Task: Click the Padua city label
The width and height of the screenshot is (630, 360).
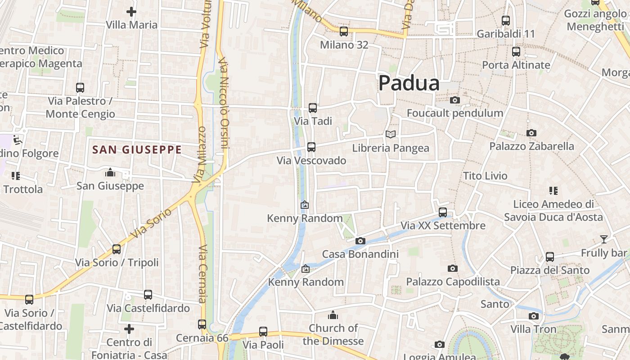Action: click(x=409, y=83)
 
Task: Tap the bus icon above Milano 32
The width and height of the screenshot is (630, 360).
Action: click(x=344, y=31)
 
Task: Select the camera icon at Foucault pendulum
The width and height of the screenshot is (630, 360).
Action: click(x=455, y=100)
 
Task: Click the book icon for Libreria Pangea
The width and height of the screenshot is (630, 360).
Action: click(x=391, y=134)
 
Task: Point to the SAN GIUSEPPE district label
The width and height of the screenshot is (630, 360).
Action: click(x=137, y=150)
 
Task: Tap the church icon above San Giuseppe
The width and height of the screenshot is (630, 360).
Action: click(x=110, y=172)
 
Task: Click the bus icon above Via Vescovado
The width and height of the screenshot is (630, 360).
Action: click(x=311, y=147)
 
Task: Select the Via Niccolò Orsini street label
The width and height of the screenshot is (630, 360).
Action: click(x=224, y=103)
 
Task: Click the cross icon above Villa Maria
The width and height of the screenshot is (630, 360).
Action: click(x=131, y=12)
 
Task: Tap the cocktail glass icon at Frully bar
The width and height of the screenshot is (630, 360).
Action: click(x=603, y=239)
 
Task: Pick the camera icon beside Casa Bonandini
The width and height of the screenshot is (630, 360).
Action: click(x=360, y=241)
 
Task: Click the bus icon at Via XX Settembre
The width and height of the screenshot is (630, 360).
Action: click(x=443, y=212)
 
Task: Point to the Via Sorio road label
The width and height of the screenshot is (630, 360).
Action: click(x=151, y=223)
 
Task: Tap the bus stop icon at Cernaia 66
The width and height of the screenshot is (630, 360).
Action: click(x=202, y=324)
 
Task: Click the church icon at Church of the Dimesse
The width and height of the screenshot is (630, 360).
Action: click(x=333, y=315)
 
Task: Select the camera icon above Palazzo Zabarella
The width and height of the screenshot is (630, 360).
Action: click(x=531, y=133)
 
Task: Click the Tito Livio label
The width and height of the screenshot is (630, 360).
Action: click(x=485, y=176)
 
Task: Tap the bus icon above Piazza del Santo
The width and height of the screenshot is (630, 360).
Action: click(x=549, y=257)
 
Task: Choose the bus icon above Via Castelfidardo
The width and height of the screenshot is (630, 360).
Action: click(x=148, y=295)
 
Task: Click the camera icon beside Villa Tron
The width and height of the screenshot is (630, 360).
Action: click(x=534, y=316)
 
